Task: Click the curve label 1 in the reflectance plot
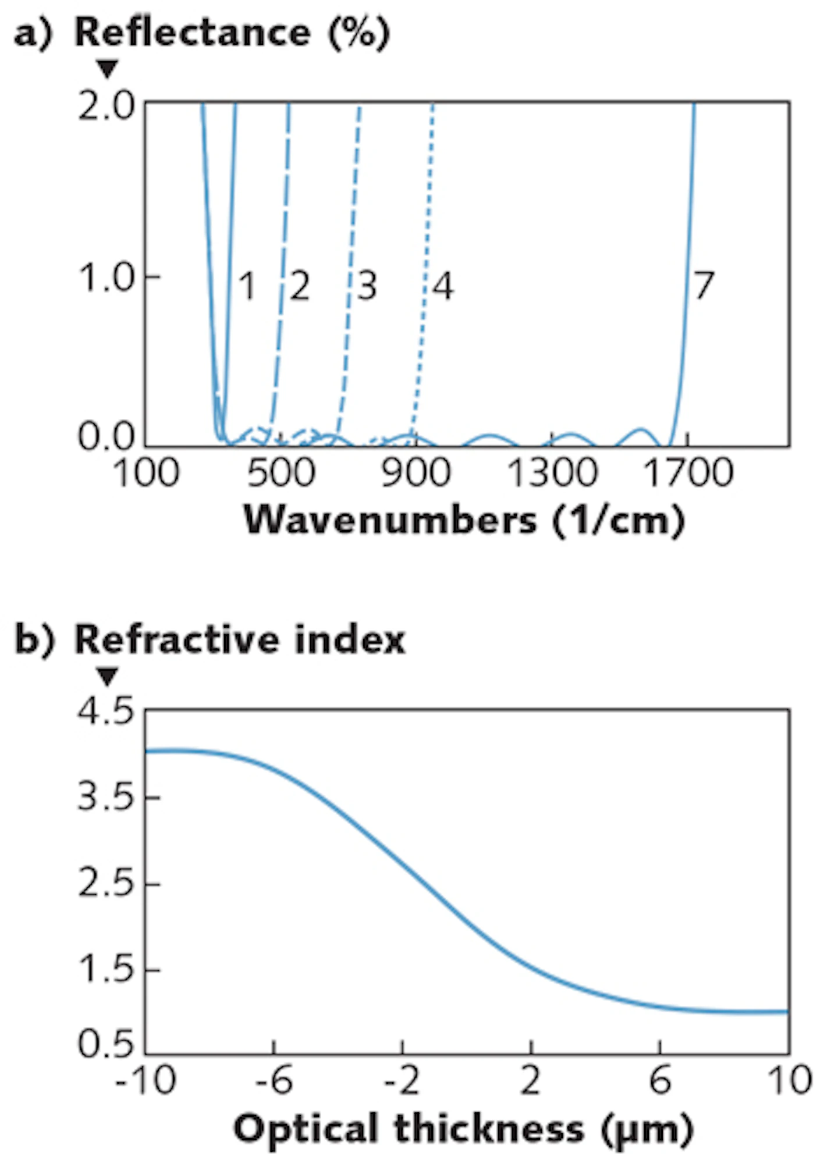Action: (x=247, y=286)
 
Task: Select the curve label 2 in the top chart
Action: (x=299, y=286)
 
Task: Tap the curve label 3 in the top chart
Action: (x=367, y=286)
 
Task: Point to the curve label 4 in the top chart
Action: (x=443, y=286)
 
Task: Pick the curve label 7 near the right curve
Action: (x=704, y=285)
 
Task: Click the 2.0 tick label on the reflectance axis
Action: (x=106, y=107)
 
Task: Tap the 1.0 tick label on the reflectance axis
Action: (x=106, y=277)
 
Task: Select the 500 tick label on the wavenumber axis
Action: (x=281, y=472)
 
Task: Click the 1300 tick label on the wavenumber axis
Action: (x=552, y=472)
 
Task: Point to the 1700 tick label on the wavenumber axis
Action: (x=688, y=472)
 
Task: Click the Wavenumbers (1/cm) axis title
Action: (x=464, y=519)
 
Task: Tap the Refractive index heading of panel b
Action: (x=240, y=640)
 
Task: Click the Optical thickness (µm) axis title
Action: (x=464, y=1129)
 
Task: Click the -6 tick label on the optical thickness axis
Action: (x=274, y=1081)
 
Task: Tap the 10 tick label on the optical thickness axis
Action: (x=789, y=1081)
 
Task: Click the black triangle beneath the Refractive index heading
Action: (x=108, y=677)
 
